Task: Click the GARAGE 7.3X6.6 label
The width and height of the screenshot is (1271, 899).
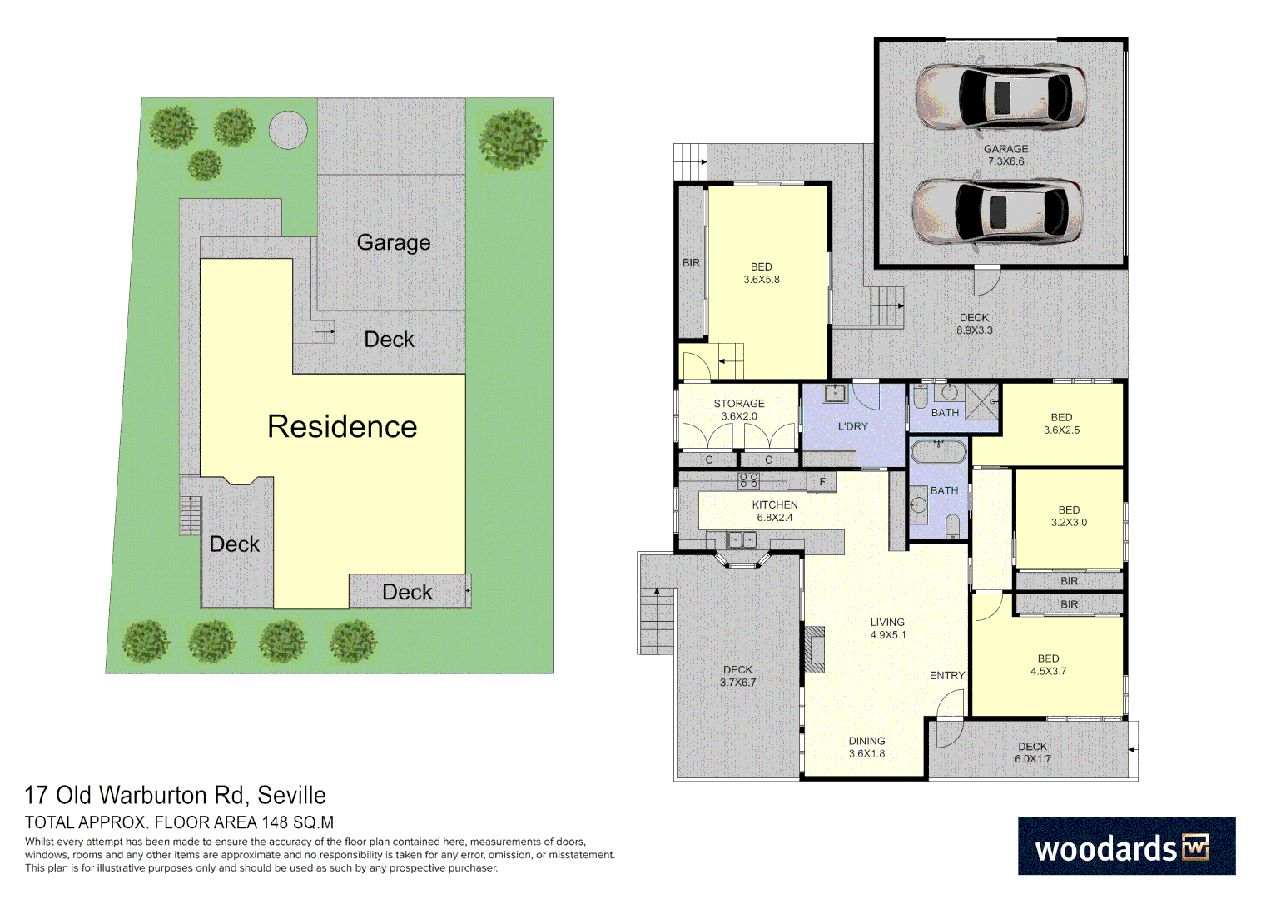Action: click(x=1005, y=155)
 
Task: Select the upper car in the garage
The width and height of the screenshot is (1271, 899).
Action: click(x=1000, y=96)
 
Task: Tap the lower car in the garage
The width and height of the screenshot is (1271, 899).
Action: click(x=996, y=210)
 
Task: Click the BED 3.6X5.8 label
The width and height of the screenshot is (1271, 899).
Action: click(x=762, y=273)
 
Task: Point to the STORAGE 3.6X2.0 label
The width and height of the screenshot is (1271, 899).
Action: click(x=739, y=410)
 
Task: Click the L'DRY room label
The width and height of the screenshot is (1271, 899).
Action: click(x=852, y=426)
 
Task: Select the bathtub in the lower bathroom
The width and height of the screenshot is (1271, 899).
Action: click(x=938, y=453)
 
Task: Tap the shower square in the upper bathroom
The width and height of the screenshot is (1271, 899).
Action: click(x=982, y=401)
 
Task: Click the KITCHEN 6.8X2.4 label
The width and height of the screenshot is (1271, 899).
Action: click(x=775, y=511)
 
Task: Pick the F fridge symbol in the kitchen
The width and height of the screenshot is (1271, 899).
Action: click(x=822, y=482)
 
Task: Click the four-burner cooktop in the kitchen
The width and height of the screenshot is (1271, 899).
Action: click(x=748, y=480)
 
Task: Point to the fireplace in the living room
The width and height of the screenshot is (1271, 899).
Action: click(x=814, y=648)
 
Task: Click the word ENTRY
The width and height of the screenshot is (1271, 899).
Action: click(x=946, y=676)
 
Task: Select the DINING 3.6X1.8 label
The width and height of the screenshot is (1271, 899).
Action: click(x=866, y=748)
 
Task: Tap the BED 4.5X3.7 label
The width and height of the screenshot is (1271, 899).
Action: click(x=1048, y=664)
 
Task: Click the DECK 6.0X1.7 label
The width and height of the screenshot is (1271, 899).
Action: click(x=1032, y=752)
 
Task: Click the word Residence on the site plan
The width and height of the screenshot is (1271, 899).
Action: click(x=342, y=426)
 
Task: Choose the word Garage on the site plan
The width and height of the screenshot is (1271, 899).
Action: click(x=394, y=242)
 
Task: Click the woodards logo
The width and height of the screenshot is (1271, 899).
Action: click(x=1126, y=846)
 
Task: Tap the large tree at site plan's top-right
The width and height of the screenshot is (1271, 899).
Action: click(x=513, y=138)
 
